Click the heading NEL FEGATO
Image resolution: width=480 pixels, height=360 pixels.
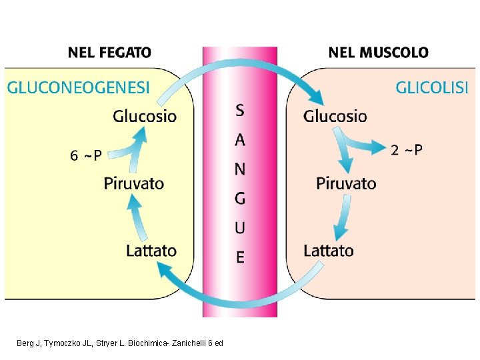click(109, 52)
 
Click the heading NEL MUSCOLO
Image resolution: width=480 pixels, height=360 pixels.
click(378, 52)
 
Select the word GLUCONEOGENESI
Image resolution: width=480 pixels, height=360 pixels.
click(79, 87)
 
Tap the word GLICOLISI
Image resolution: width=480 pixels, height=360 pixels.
click(432, 87)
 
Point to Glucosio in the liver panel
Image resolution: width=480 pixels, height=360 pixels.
click(145, 117)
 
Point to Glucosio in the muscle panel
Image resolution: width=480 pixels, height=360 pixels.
click(335, 117)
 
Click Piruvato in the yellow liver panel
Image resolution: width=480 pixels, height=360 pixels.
click(134, 183)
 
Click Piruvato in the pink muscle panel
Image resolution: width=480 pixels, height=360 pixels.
click(346, 183)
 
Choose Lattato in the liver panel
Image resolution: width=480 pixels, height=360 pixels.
click(151, 251)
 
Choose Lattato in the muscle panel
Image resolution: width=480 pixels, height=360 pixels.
click(329, 251)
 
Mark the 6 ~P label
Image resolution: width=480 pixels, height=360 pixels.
click(86, 156)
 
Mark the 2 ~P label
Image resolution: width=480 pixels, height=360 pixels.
click(406, 150)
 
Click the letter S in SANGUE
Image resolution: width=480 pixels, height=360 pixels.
click(240, 110)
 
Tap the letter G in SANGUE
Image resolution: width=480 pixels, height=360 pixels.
click(240, 198)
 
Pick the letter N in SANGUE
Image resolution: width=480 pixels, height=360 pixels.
click(240, 169)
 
